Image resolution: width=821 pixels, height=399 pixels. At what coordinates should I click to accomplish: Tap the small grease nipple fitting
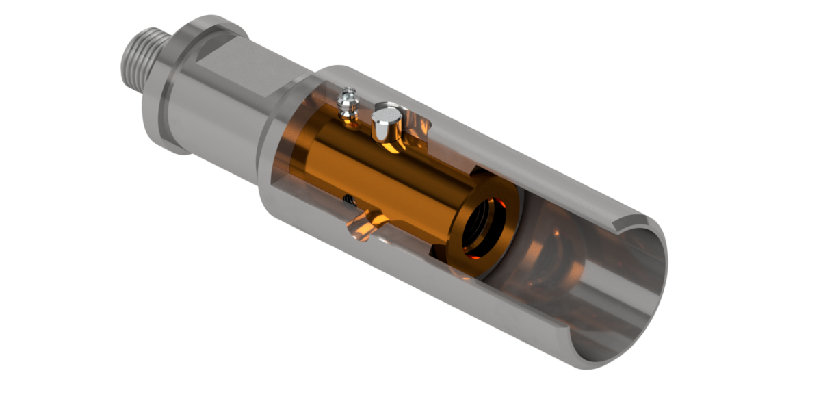point(348,103)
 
